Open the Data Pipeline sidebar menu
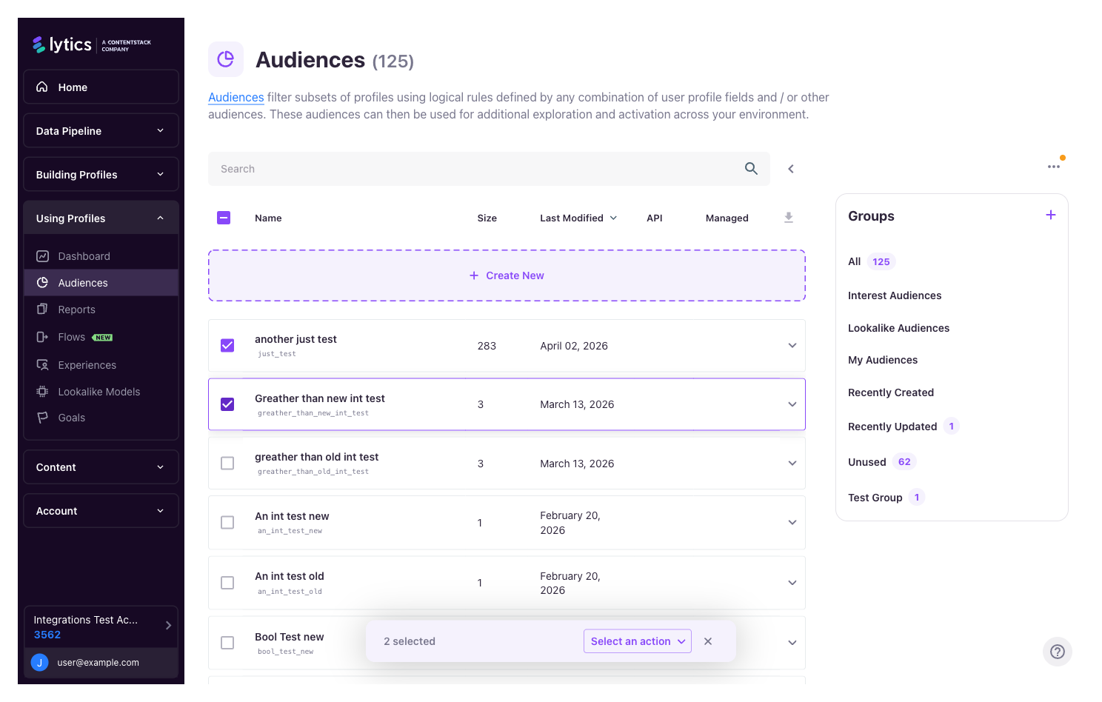[x=101, y=131]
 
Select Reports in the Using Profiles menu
[x=77, y=310]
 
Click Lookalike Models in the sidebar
[x=99, y=392]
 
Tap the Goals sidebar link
[x=72, y=418]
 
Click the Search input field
[x=474, y=169]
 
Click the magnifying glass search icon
[x=751, y=169]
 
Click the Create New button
[x=507, y=275]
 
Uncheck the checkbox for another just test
[x=227, y=346]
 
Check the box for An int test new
[x=227, y=523]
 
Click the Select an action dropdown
[x=638, y=641]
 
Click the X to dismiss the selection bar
[x=708, y=641]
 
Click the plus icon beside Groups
[x=1050, y=215]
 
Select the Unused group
[x=867, y=462]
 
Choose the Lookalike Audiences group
[x=898, y=328]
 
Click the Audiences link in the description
[x=236, y=98]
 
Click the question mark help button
[x=1058, y=652]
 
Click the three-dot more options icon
[x=1053, y=167]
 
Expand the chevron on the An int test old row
[x=792, y=583]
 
